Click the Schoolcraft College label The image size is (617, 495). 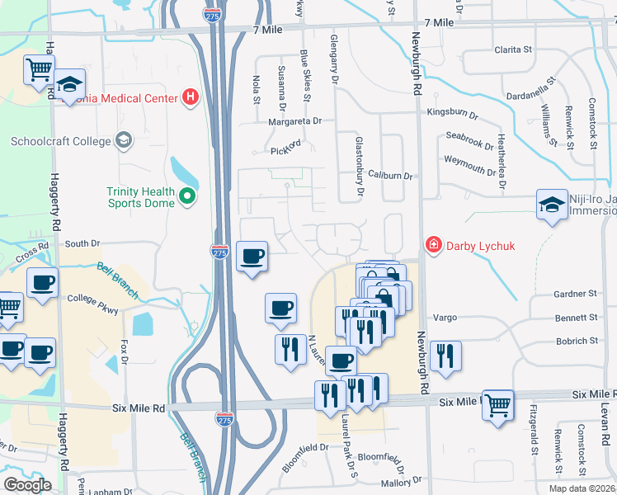pos(60,141)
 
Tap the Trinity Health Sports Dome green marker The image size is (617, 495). pos(187,196)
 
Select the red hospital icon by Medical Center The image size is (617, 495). pos(191,98)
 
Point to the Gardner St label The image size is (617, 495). pos(575,294)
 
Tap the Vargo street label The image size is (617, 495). pos(445,318)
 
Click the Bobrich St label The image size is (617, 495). pos(577,341)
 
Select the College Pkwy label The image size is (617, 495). pos(93,299)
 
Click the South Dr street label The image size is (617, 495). pos(82,243)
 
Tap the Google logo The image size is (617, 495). pos(27,485)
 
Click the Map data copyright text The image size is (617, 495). pos(582,488)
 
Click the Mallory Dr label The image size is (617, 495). pos(402,481)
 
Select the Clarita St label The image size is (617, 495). pos(512,49)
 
